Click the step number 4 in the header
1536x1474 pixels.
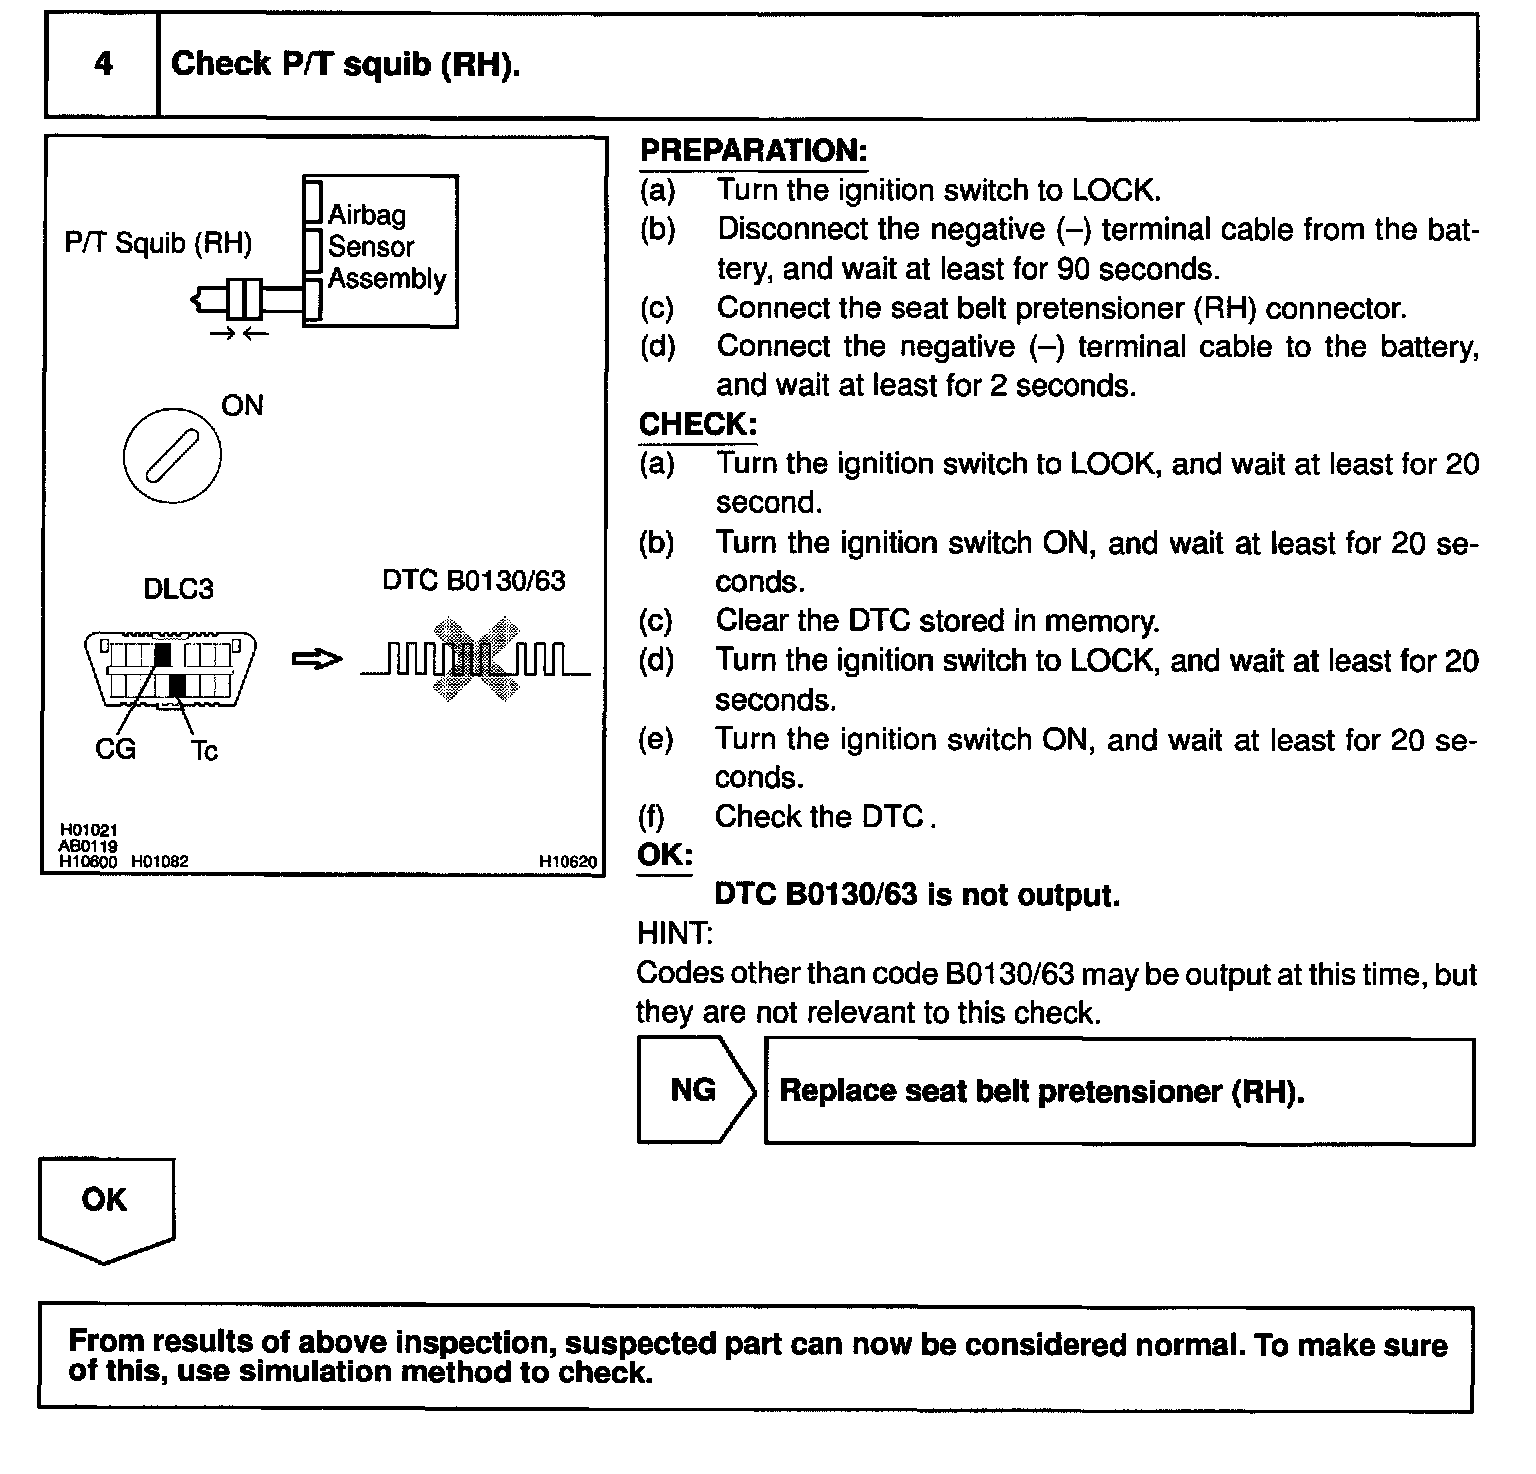point(103,65)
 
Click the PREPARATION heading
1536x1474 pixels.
point(753,151)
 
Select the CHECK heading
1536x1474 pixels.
point(697,424)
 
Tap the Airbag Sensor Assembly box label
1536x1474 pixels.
point(386,247)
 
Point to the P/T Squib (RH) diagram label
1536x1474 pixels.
point(158,243)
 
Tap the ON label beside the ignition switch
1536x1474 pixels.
point(242,405)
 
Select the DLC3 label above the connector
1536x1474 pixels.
point(178,589)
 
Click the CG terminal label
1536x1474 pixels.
point(115,749)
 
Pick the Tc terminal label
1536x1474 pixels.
point(204,750)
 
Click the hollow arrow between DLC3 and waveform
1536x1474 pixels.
point(316,659)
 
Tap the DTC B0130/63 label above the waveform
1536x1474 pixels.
point(473,581)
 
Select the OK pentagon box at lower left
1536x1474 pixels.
point(105,1204)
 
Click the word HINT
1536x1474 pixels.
point(675,934)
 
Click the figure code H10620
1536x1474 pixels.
point(567,861)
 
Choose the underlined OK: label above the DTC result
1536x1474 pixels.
point(665,856)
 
